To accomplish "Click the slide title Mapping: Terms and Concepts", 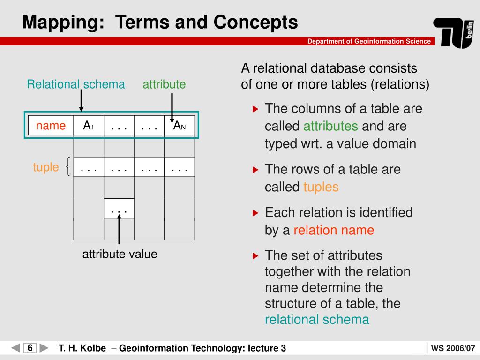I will coord(160,22).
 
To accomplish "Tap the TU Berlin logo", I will coord(453,33).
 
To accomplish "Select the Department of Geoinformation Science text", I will coord(369,41).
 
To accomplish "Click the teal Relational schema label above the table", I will coord(76,84).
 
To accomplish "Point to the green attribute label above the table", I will coord(164,84).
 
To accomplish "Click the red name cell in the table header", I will coord(51,126).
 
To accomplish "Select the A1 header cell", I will coord(89,126).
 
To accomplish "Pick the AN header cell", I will coord(180,126).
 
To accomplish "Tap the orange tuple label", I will coord(46,167).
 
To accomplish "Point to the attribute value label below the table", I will coord(120,254).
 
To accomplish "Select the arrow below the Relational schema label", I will coord(81,101).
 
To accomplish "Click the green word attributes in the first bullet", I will coord(330,127).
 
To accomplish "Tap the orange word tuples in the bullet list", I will coord(321,187).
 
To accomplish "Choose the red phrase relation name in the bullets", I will coord(334,230).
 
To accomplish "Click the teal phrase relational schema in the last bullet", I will coord(317,320).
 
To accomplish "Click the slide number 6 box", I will coord(30,348).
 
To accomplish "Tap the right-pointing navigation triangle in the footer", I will coord(44,348).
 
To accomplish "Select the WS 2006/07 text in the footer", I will coord(453,348).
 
